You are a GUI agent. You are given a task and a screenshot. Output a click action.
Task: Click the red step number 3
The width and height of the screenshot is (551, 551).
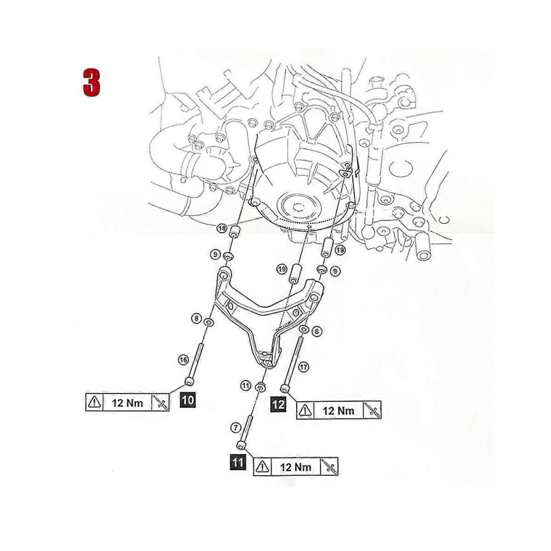point(92,82)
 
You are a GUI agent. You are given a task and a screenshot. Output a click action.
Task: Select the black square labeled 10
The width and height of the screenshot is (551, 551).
point(188,400)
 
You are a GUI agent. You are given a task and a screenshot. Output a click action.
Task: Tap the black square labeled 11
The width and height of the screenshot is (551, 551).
point(238,462)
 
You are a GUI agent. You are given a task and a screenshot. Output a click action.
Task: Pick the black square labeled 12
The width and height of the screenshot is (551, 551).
point(278,405)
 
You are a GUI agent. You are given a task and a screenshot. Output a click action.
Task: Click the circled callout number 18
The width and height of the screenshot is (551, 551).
point(222,228)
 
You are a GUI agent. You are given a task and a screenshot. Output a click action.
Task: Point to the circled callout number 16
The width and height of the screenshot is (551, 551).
point(183,360)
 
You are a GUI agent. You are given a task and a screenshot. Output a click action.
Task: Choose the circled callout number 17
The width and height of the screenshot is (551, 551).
point(303,367)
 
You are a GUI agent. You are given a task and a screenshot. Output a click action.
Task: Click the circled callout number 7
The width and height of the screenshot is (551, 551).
point(235,427)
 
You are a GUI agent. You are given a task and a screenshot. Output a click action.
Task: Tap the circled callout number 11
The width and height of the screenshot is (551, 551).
point(245,386)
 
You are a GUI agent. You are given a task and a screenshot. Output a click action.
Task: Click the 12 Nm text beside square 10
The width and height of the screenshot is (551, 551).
point(127,403)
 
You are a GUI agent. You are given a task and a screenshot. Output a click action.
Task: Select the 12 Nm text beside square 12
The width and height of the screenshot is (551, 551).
point(338,410)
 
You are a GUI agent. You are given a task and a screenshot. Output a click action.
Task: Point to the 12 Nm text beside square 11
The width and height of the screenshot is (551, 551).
point(296,467)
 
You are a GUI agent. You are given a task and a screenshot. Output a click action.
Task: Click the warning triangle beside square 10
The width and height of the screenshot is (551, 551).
point(95,402)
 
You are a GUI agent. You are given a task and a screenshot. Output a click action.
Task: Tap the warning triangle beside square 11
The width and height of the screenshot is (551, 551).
point(263,466)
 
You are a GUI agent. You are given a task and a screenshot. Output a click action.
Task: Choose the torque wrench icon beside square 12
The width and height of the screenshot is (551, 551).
point(372,410)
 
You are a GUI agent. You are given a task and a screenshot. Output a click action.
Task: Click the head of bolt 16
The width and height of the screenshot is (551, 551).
point(189,381)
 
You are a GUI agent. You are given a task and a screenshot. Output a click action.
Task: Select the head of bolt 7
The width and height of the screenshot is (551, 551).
point(242,445)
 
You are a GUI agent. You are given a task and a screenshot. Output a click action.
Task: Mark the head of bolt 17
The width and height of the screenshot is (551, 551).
point(285,388)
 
